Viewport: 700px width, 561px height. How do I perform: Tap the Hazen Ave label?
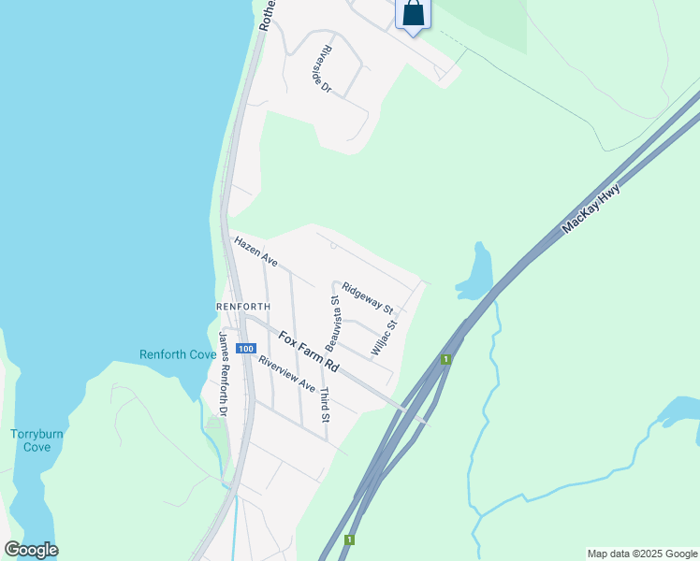pyautogui.click(x=256, y=251)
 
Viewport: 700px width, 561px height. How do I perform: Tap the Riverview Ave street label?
pyautogui.click(x=287, y=373)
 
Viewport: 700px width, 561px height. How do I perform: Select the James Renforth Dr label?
pyautogui.click(x=224, y=374)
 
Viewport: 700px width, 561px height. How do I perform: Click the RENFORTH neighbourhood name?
pyautogui.click(x=243, y=306)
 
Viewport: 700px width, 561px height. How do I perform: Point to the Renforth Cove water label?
pyautogui.click(x=178, y=354)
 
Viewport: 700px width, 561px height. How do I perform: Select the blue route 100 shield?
pyautogui.click(x=244, y=349)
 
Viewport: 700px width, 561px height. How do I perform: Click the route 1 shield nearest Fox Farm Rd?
pyautogui.click(x=447, y=359)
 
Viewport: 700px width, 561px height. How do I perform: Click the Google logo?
pyautogui.click(x=31, y=550)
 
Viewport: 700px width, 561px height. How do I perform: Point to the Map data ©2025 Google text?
pyautogui.click(x=642, y=554)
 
